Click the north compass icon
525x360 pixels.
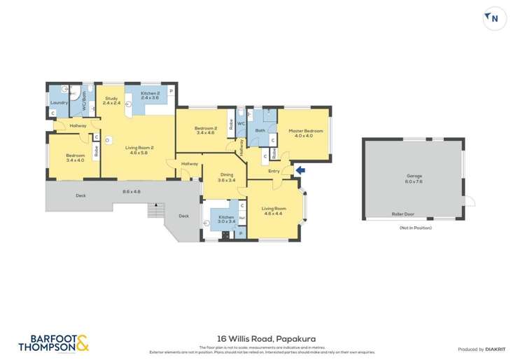494,18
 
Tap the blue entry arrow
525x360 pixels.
300,169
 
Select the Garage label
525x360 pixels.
414,176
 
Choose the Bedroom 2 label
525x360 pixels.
205,128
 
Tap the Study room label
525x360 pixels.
111,98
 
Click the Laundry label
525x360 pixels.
59,103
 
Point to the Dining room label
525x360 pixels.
225,176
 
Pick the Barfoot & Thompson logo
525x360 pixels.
53,342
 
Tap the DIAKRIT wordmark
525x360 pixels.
495,349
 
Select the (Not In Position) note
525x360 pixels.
414,228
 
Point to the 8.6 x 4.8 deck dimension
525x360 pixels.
132,191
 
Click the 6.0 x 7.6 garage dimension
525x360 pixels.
414,181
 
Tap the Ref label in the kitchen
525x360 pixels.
241,218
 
